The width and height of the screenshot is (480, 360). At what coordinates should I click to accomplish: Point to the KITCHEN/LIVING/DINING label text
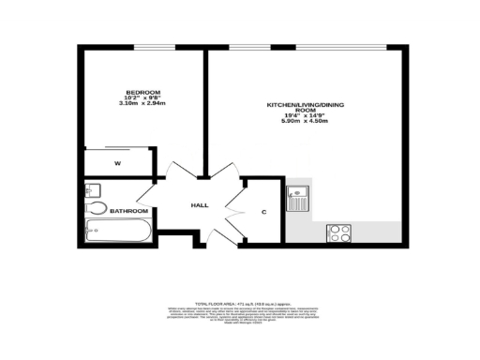coord(301,106)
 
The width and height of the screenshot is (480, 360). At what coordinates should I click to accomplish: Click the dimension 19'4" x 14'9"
coord(301,116)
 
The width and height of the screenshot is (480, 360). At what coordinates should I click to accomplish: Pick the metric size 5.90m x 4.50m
coord(301,122)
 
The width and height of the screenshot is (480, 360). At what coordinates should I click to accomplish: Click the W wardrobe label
coord(118,163)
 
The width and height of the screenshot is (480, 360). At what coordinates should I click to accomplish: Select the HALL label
coord(200,205)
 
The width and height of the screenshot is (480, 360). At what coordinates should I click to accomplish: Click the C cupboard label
coord(263,212)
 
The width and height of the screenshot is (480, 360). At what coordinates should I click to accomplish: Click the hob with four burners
coord(338,233)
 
